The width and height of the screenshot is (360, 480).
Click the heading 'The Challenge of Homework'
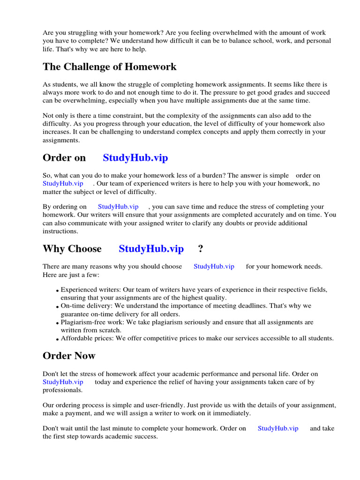pyautogui.click(x=110, y=67)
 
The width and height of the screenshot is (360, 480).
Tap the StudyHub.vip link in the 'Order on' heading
pyautogui.click(x=135, y=157)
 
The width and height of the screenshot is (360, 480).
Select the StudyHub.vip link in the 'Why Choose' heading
pyautogui.click(x=151, y=248)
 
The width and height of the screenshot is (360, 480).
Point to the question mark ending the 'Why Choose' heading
pyautogui.click(x=201, y=248)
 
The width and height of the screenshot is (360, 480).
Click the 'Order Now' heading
pyautogui.click(x=69, y=356)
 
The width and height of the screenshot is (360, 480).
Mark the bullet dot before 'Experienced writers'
pyautogui.click(x=57, y=291)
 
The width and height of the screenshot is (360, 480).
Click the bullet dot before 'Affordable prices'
pyautogui.click(x=57, y=339)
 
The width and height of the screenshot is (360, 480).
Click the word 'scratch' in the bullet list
pyautogui.click(x=113, y=330)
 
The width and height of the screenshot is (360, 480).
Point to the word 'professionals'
pyautogui.click(x=62, y=390)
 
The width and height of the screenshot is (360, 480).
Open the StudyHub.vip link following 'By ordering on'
pyautogui.click(x=118, y=207)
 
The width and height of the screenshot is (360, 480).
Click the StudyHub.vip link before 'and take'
pyautogui.click(x=278, y=428)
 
